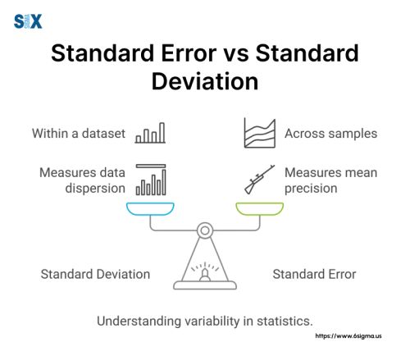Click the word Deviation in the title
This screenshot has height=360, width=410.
click(x=204, y=82)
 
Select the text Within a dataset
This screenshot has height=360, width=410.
click(x=79, y=133)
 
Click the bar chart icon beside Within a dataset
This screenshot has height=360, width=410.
click(x=151, y=133)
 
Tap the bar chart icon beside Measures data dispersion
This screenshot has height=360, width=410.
click(x=151, y=180)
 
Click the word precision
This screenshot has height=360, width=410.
click(x=312, y=189)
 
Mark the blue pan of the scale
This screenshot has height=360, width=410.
click(x=150, y=210)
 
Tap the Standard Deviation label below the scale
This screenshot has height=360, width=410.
click(x=95, y=274)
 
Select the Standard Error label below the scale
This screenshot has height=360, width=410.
click(x=314, y=274)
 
